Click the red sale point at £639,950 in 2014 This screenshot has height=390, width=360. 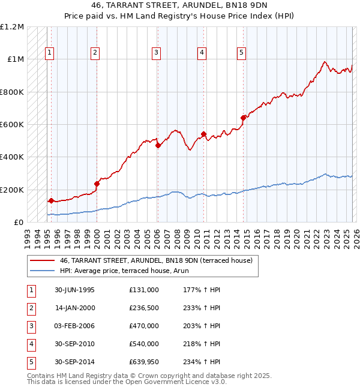point(244,118)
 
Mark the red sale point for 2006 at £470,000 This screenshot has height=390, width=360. point(158,145)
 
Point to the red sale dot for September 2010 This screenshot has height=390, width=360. point(204,134)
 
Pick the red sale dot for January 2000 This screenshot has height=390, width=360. point(97,184)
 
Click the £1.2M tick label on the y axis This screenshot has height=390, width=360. point(12,27)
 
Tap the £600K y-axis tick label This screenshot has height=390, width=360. point(12,125)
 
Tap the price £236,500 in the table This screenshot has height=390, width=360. point(143,308)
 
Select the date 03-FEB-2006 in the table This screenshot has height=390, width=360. point(74,326)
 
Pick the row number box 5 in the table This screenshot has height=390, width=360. point(30,362)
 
